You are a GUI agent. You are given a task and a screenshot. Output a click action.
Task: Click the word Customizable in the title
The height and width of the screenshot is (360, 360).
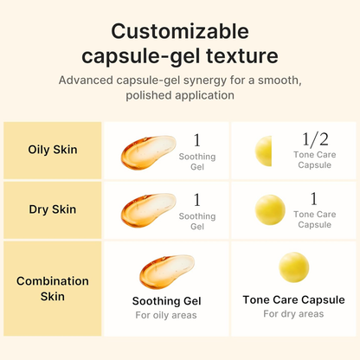click(x=180, y=32)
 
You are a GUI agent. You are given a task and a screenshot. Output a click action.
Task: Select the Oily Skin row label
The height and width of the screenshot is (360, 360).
click(x=53, y=149)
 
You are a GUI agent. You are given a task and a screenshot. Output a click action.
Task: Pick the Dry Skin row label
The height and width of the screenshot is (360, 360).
click(x=53, y=209)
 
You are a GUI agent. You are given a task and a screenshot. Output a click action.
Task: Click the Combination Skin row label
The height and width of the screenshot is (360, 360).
click(x=53, y=289)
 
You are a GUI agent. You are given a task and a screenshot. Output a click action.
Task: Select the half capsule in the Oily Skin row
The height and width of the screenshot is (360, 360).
click(x=263, y=151)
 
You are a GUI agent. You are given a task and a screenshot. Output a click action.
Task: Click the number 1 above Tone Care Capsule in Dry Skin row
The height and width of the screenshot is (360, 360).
click(x=313, y=198)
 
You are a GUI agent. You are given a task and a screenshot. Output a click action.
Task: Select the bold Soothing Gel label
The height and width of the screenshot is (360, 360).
click(x=166, y=300)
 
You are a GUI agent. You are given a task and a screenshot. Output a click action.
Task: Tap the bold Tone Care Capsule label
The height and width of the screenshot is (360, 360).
click(x=294, y=299)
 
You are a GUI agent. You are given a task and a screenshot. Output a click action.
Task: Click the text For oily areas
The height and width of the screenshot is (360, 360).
click(x=166, y=315)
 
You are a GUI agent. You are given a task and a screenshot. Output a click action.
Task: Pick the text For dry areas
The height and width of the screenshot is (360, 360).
click(x=294, y=314)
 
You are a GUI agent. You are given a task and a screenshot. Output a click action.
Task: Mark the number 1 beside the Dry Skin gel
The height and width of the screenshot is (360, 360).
click(x=196, y=199)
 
